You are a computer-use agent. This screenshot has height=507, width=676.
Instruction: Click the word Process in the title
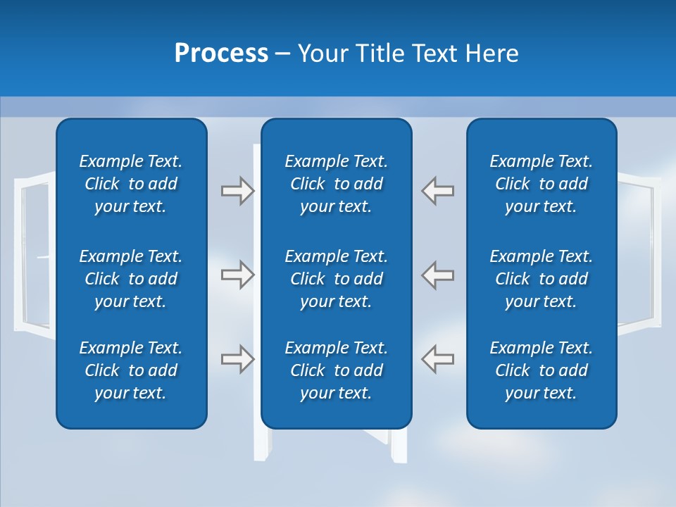221,54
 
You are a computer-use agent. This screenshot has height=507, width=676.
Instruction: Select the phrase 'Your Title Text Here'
408,54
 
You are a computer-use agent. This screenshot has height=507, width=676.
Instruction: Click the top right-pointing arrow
237,191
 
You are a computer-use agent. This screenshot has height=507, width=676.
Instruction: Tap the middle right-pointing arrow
237,275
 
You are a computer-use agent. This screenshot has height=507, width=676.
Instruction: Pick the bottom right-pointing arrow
237,359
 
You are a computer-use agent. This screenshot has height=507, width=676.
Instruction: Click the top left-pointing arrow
438,191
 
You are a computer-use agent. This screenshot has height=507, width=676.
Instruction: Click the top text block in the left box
131,184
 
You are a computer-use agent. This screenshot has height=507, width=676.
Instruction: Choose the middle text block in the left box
131,279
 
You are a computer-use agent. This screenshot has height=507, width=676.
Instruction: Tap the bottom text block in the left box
131,370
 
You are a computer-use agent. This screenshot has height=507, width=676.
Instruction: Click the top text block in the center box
337,184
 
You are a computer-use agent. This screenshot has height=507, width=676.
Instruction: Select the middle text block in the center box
337,279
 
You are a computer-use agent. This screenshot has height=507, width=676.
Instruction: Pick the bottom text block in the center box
337,370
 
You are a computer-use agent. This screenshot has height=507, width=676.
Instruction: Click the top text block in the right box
542,184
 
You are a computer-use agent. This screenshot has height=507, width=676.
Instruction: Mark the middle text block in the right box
542,279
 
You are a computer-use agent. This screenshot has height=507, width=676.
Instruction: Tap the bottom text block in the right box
542,370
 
